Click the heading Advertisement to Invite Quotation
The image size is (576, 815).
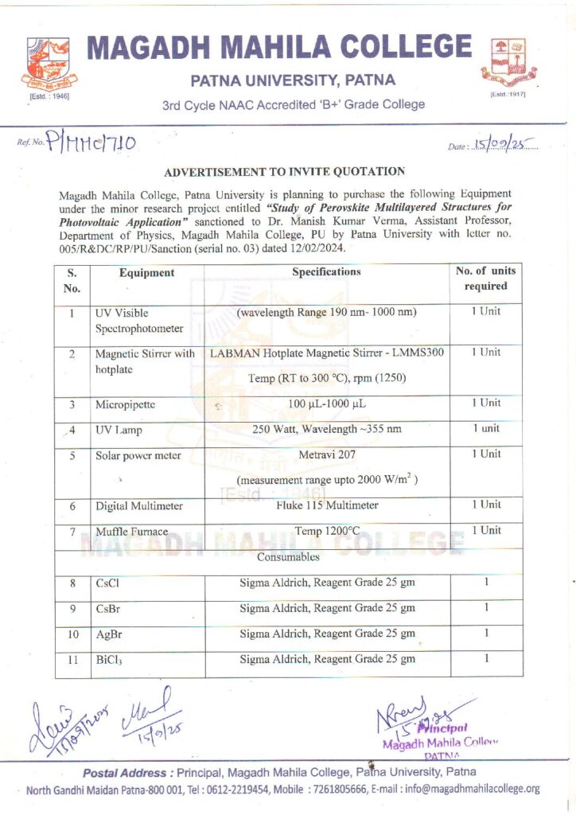pyautogui.click(x=284, y=171)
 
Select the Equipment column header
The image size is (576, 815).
pyautogui.click(x=146, y=273)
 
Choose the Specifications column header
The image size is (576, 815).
pyautogui.click(x=326, y=272)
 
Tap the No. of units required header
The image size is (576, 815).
pyautogui.click(x=485, y=279)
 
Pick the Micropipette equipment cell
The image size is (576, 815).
pyautogui.click(x=125, y=404)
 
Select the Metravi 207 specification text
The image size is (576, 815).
pyautogui.click(x=327, y=454)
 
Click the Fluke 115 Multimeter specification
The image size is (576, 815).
pyautogui.click(x=327, y=505)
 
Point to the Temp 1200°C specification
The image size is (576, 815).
pyautogui.click(x=327, y=531)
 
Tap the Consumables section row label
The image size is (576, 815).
pyautogui.click(x=288, y=557)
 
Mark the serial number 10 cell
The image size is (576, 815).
pyautogui.click(x=72, y=634)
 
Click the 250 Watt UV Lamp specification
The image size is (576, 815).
pyautogui.click(x=327, y=429)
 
